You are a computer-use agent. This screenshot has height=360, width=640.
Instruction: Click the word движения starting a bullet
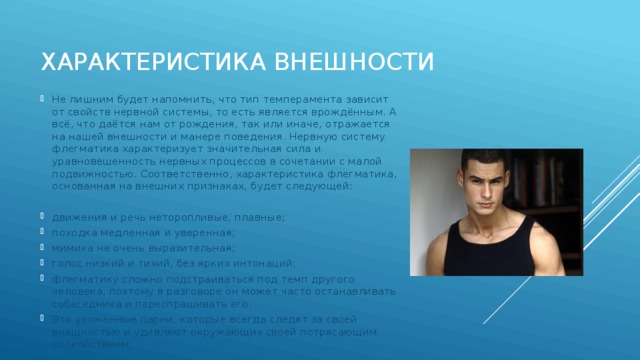[78, 217]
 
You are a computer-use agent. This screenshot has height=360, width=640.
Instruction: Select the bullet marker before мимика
[41, 247]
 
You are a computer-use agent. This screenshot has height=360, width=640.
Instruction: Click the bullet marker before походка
[41, 232]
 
